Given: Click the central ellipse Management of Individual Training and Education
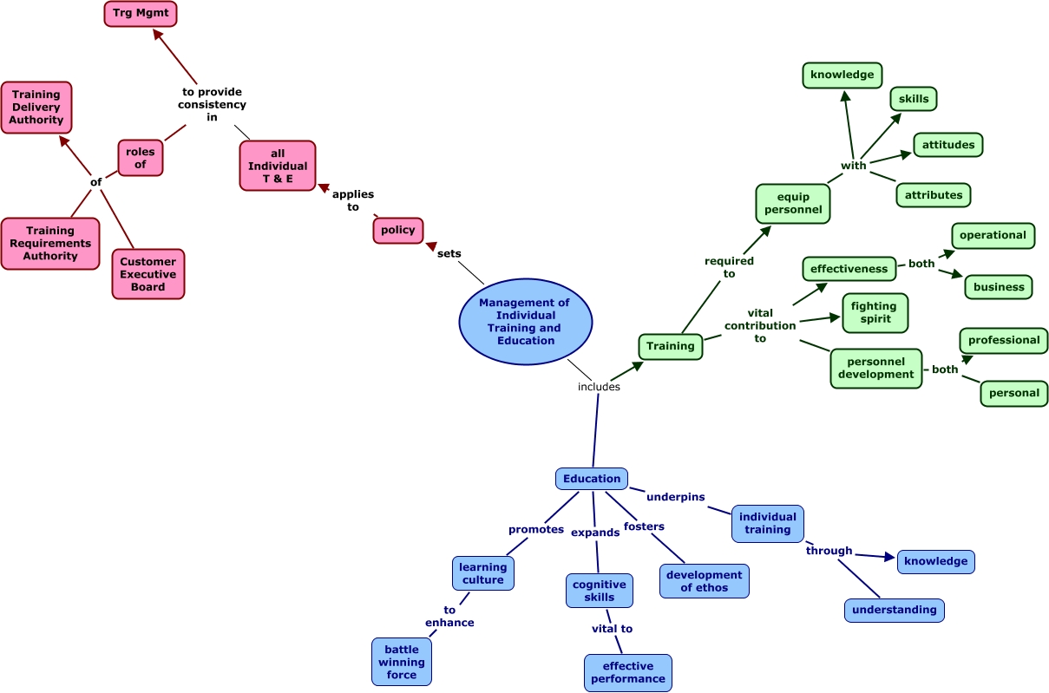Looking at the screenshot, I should pos(525,322).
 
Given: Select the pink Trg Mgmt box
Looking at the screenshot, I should pos(141,14).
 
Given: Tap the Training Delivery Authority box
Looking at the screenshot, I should pos(36,108).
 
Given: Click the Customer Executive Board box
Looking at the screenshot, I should pos(148,274).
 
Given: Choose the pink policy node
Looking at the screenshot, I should pos(398,231).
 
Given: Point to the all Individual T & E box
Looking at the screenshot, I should pos(278,166).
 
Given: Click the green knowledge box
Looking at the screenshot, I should pos(842,75).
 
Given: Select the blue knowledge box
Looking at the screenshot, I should pos(935,561).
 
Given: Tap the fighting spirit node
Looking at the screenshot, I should pos(874,312).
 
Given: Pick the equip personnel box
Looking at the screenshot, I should pos(793,204).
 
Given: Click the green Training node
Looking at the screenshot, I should pos(670,346).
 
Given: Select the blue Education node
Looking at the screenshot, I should pos(592,479).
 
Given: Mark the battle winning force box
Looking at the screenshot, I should pos(402,662).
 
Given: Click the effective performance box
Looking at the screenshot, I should pos(627,673).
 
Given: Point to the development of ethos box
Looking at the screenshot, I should pos(704,581).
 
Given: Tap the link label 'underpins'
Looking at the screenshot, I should pos(675,497).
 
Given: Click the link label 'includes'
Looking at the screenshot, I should pos(599,387).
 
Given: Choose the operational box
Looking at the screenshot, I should pos(993,235).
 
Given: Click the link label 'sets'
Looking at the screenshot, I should pos(449,253).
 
